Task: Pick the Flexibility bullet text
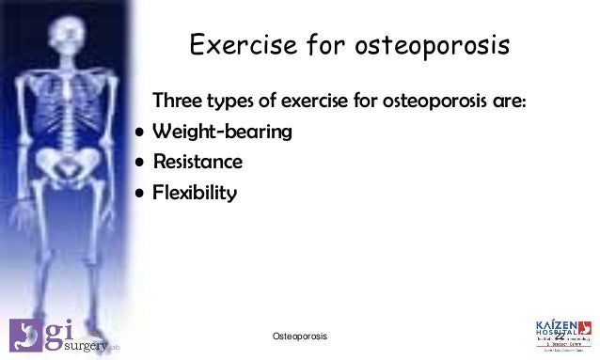(x=196, y=193)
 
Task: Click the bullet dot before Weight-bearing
(x=139, y=132)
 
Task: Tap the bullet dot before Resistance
(x=139, y=163)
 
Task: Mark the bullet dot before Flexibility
(x=139, y=194)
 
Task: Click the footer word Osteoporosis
(x=299, y=336)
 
